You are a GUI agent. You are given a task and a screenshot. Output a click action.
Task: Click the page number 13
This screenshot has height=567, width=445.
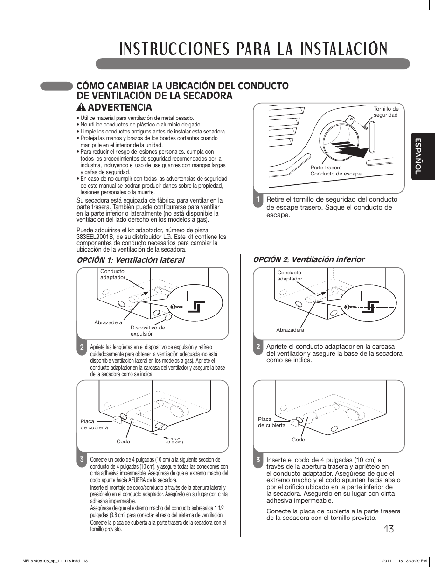tap(389, 529)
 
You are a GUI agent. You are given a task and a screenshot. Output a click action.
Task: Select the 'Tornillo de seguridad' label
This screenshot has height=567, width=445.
tap(386, 112)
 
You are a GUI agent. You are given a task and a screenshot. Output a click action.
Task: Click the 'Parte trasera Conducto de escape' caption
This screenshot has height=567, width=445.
tap(335, 170)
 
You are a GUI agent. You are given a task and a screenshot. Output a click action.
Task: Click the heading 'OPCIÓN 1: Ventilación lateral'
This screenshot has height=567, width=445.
tap(130, 260)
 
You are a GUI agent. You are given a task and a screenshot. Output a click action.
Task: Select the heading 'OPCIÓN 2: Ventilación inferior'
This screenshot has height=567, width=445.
tap(309, 259)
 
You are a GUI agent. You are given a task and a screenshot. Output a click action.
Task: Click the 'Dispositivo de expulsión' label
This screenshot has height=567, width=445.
tap(147, 330)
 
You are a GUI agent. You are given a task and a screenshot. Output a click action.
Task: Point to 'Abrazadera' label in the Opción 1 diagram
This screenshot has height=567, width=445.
tap(108, 322)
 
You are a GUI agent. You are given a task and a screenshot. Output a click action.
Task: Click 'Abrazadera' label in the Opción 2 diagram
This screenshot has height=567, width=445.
tap(290, 330)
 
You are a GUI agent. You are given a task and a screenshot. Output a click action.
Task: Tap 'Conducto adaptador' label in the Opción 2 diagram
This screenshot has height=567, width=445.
tap(290, 275)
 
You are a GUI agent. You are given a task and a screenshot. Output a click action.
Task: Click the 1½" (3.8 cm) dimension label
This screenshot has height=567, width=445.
tap(174, 441)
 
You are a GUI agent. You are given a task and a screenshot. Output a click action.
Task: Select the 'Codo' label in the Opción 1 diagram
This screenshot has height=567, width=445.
tap(123, 441)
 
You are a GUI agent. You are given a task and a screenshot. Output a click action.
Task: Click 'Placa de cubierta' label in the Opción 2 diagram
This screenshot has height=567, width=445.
tap(271, 422)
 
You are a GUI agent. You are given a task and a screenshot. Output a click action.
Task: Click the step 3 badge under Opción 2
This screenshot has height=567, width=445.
tap(257, 460)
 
